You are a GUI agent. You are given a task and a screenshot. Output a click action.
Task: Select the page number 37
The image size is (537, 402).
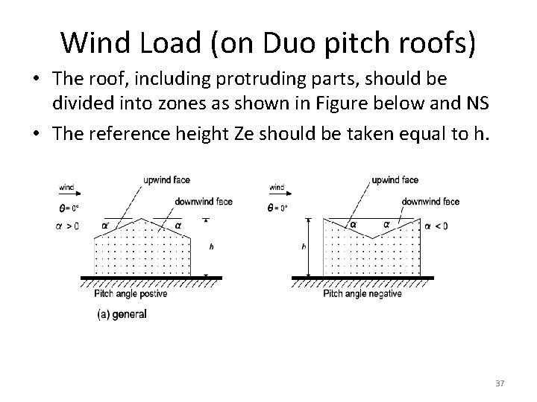(x=500, y=383)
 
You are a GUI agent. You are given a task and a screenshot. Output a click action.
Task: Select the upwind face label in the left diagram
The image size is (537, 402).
(x=166, y=180)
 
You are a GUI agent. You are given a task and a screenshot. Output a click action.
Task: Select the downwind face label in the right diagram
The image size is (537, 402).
(x=430, y=201)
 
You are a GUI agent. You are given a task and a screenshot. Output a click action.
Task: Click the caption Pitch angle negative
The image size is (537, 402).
(x=362, y=294)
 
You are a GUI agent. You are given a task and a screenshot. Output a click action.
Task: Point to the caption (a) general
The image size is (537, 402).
(x=122, y=314)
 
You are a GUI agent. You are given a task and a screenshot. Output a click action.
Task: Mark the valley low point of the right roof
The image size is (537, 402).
(x=371, y=237)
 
